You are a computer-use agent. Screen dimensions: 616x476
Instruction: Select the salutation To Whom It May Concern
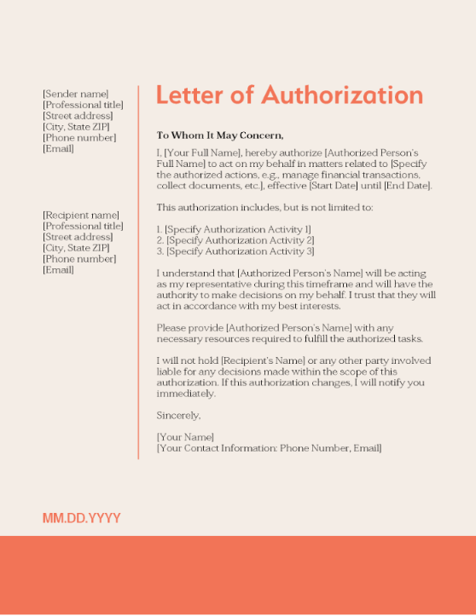click(220, 135)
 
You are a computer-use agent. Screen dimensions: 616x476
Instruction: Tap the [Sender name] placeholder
click(76, 94)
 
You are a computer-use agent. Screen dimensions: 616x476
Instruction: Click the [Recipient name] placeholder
click(81, 216)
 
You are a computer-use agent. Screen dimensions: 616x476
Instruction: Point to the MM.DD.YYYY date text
click(82, 518)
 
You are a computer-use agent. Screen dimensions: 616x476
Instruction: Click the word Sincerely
click(178, 416)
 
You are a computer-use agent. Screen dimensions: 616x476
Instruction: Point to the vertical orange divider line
click(138, 273)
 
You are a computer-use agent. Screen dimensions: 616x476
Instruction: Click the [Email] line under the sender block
click(58, 149)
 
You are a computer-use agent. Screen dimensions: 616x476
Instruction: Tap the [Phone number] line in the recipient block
click(79, 259)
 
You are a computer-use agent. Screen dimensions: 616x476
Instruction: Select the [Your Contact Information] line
click(269, 448)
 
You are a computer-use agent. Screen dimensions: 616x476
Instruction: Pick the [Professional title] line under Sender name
click(83, 105)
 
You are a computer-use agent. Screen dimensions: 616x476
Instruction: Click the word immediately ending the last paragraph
click(186, 394)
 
